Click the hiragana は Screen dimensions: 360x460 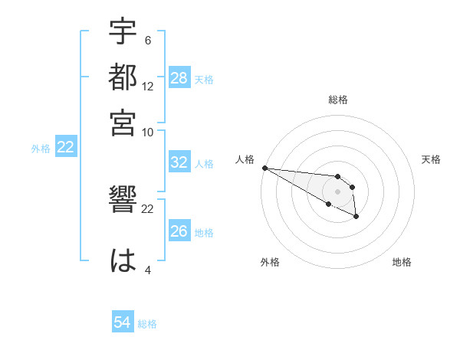[x=123, y=260]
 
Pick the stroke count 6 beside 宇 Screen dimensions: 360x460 [x=147, y=41]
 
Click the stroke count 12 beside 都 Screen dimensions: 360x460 [x=148, y=86]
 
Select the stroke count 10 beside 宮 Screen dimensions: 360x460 [x=148, y=132]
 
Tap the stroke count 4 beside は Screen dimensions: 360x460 [x=147, y=270]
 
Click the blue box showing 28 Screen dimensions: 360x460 [x=179, y=78]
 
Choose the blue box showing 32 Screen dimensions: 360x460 [x=179, y=162]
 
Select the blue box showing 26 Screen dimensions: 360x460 [x=179, y=231]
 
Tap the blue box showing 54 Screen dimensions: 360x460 [x=123, y=323]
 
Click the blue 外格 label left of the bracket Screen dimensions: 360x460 [x=41, y=149]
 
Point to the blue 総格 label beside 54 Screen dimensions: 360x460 [x=147, y=324]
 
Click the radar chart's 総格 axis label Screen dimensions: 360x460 [x=338, y=100]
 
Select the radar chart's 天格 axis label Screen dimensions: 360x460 [x=431, y=159]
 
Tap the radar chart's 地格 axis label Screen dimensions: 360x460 [x=402, y=262]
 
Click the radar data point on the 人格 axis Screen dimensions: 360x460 [x=264, y=168]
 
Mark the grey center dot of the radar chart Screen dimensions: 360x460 [x=337, y=191]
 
